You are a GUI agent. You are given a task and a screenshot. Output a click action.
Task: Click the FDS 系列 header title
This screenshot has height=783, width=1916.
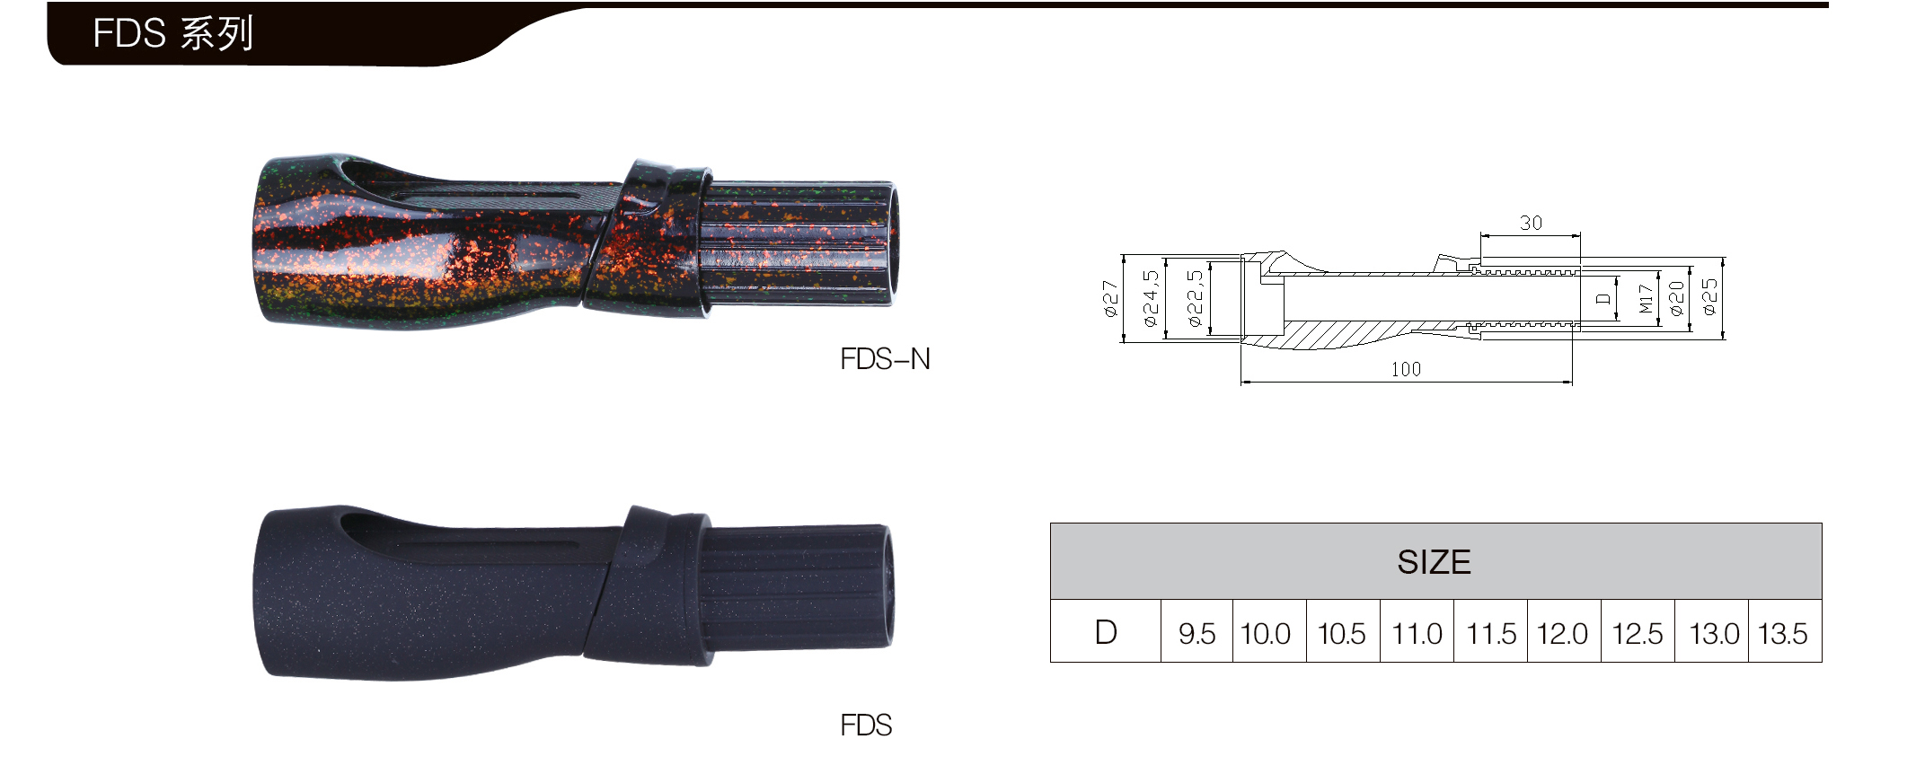[172, 34]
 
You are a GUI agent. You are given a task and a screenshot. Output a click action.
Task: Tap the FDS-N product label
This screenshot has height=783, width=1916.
[885, 359]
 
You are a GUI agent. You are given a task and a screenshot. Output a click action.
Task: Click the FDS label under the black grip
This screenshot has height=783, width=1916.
[866, 725]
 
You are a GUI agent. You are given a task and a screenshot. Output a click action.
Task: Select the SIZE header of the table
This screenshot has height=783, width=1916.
[1434, 562]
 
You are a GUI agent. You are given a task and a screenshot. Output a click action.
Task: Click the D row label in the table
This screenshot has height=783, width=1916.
[1106, 632]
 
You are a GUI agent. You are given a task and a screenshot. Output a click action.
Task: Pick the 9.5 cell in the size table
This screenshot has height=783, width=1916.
[1196, 634]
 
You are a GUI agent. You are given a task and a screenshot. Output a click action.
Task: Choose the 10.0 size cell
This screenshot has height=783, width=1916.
[1265, 634]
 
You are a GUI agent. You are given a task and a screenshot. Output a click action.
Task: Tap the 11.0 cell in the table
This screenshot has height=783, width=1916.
[1417, 634]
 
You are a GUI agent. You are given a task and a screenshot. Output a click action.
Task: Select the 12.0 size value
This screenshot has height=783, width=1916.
[1562, 634]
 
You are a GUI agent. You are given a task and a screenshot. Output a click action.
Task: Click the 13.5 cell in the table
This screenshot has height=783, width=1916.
[1782, 634]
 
